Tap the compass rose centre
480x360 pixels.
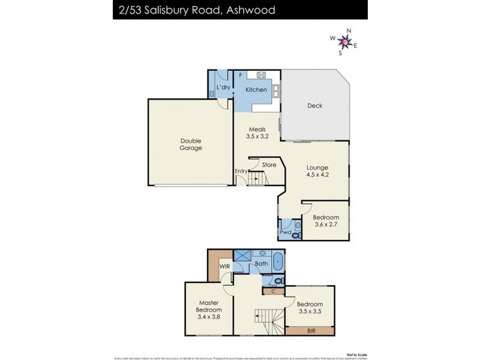344,41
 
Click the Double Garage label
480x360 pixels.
191,145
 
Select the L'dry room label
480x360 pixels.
223,88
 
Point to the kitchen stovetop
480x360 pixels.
262,75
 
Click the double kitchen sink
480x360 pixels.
276,91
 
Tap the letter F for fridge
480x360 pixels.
240,75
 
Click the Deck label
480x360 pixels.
315,106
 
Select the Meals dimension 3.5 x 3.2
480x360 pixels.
257,136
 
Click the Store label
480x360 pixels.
269,164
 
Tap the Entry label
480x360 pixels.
241,171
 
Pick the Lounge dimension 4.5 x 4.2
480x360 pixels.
319,175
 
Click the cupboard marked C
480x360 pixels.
273,292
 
